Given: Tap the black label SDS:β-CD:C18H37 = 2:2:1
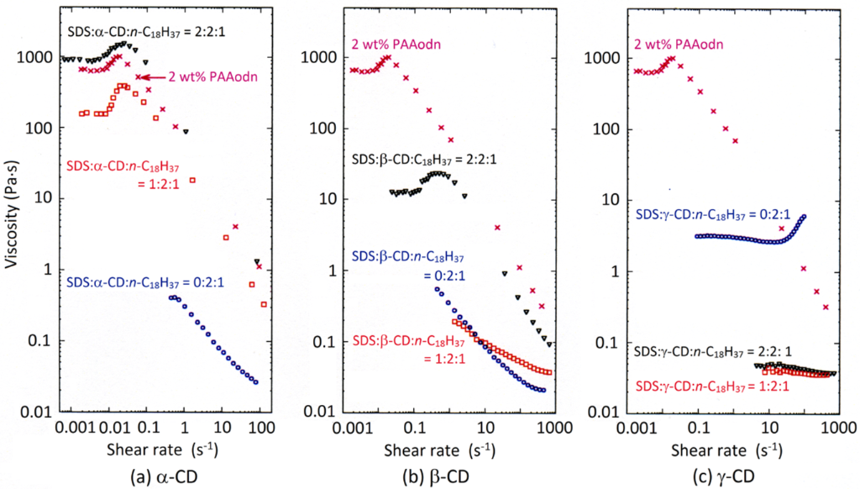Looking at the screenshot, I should click(428, 158).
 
